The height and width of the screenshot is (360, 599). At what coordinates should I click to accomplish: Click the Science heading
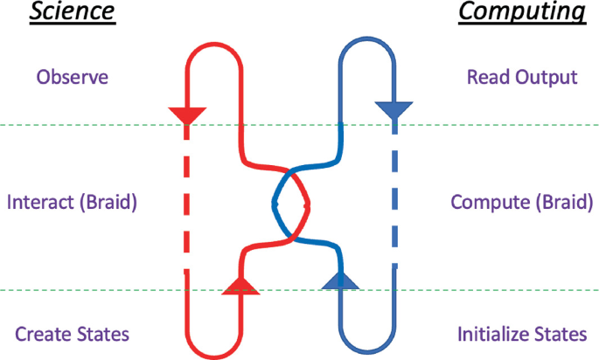pyautogui.click(x=72, y=13)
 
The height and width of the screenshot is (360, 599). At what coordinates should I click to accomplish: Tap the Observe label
pyautogui.click(x=72, y=77)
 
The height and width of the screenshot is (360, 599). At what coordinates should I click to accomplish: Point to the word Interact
pyautogui.click(x=41, y=203)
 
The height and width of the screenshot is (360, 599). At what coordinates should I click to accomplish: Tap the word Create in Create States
pyautogui.click(x=40, y=334)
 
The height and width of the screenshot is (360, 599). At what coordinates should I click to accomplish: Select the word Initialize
pyautogui.click(x=493, y=334)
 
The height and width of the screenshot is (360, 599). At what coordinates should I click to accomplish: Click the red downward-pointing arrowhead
pyautogui.click(x=186, y=114)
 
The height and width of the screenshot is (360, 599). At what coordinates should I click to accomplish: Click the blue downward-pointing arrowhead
pyautogui.click(x=393, y=110)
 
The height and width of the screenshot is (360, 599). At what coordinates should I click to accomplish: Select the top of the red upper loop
pyautogui.click(x=213, y=39)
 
